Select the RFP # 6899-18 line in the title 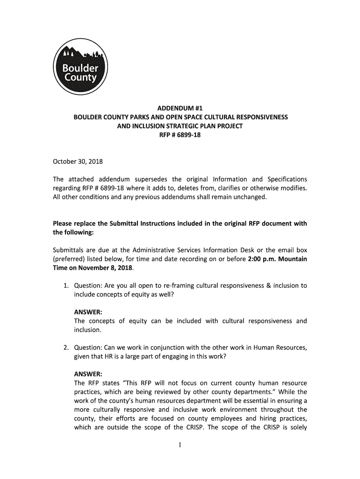point(180,136)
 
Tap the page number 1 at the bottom point(180,445)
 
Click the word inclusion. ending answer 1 point(88,330)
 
